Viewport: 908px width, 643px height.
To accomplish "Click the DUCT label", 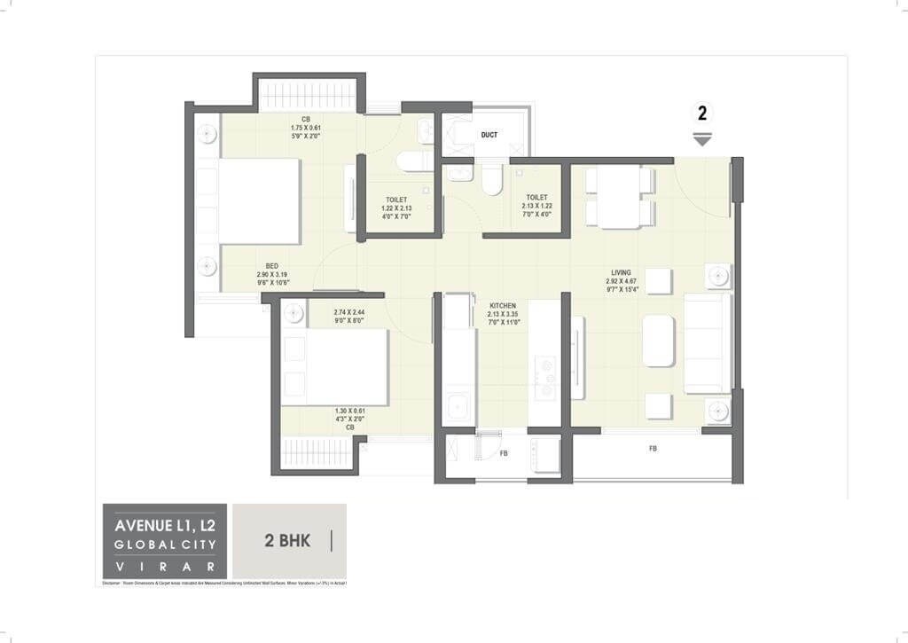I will (x=489, y=135).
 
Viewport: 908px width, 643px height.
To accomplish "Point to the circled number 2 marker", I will (x=702, y=114).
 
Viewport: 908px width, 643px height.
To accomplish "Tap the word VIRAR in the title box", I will (x=165, y=565).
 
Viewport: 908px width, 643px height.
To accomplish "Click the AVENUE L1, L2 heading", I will (x=165, y=524).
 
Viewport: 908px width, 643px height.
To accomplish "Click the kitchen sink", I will (x=458, y=407).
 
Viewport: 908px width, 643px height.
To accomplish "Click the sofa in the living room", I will (x=707, y=344).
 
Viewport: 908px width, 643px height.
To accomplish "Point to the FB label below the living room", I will (x=653, y=449).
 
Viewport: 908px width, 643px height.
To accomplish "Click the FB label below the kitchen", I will (x=504, y=453).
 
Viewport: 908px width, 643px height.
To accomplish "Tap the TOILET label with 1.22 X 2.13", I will (x=396, y=200).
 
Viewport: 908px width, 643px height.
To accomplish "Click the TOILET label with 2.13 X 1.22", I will (x=536, y=198).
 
